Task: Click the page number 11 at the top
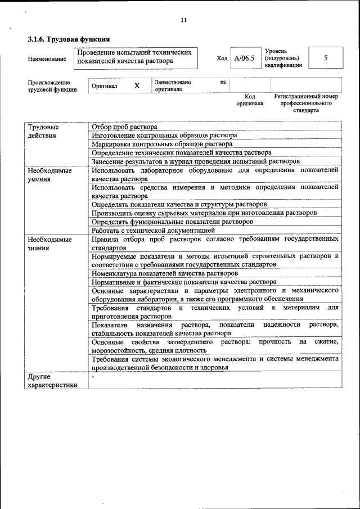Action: point(183,21)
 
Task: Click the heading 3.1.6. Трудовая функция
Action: point(69,39)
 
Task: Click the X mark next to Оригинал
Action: point(137,86)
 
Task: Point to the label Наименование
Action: point(46,58)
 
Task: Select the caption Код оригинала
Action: point(250,100)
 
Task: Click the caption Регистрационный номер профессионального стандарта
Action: point(306,103)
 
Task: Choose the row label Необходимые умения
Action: point(49,174)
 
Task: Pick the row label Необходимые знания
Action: point(49,243)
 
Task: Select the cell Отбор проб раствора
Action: point(124,127)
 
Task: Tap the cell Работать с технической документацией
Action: point(153,230)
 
